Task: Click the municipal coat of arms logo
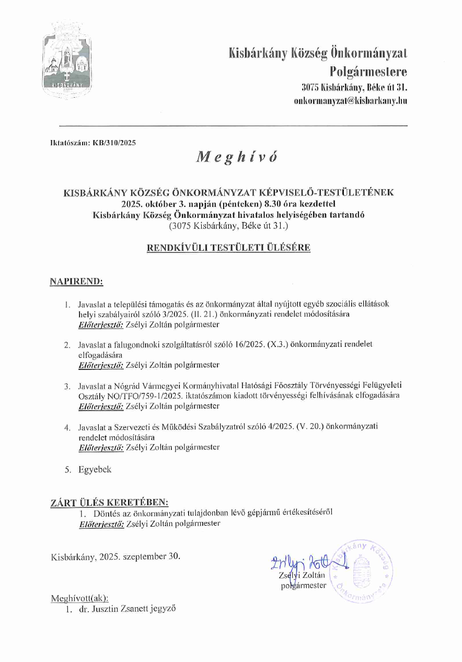click(x=67, y=59)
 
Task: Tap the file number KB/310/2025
click(x=114, y=142)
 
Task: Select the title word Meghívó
click(x=228, y=157)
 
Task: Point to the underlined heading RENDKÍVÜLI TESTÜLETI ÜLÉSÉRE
click(x=228, y=248)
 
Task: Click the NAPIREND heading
click(x=76, y=282)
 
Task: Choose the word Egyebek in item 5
click(x=95, y=469)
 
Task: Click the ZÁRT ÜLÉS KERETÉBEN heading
click(x=109, y=503)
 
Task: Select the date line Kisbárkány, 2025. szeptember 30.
click(x=115, y=556)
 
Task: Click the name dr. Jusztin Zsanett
click(x=108, y=609)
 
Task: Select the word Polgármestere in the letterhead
click(x=368, y=71)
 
